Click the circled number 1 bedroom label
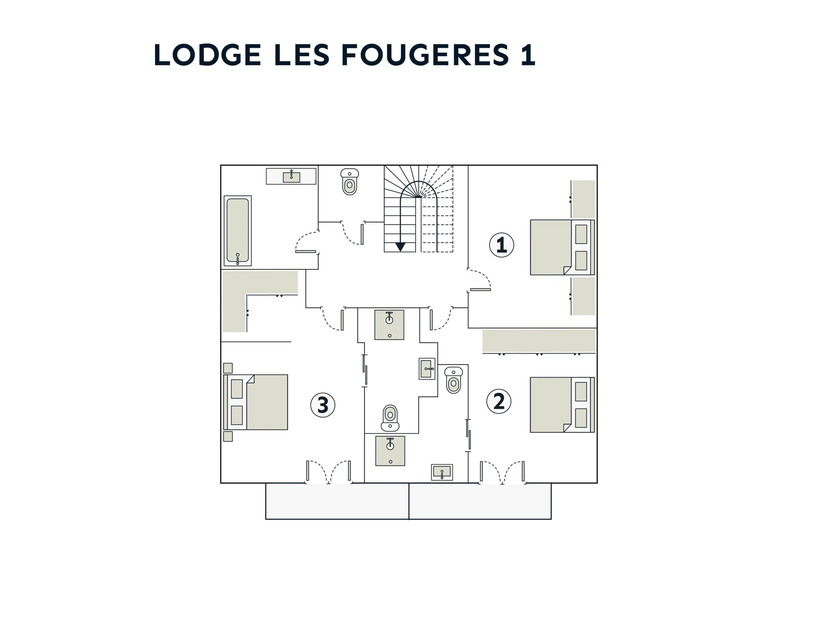(x=501, y=245)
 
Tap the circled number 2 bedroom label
(x=499, y=402)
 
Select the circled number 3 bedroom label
(x=323, y=405)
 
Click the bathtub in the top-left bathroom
(x=238, y=231)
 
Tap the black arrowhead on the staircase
(x=400, y=247)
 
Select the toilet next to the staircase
(x=350, y=182)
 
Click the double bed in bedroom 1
(x=562, y=247)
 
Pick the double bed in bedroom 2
(x=562, y=405)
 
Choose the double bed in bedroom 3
(x=255, y=402)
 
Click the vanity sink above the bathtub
(x=291, y=176)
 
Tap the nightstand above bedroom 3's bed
(x=228, y=368)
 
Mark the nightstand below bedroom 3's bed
(x=228, y=437)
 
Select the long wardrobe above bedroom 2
(x=539, y=341)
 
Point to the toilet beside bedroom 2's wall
(x=453, y=380)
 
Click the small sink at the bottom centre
(x=442, y=472)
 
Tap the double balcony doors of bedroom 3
(x=328, y=472)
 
